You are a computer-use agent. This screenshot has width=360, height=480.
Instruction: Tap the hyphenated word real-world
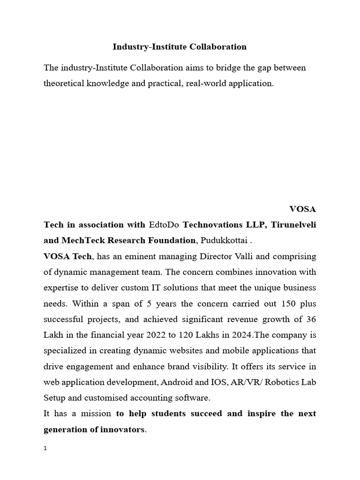pyautogui.click(x=206, y=83)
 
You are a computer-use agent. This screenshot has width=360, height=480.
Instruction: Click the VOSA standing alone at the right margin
pyautogui.click(x=303, y=209)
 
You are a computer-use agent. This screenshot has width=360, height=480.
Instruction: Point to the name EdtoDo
pyautogui.click(x=164, y=225)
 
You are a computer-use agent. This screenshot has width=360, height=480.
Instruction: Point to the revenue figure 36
pyautogui.click(x=311, y=319)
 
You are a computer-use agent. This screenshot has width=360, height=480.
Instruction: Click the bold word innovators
pyautogui.click(x=122, y=429)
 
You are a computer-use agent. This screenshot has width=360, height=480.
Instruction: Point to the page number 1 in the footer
pyautogui.click(x=45, y=449)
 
